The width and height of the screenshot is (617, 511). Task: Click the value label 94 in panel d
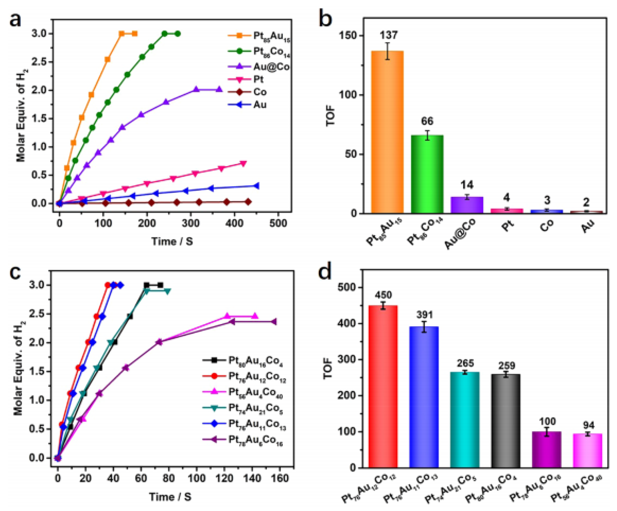coord(589,425)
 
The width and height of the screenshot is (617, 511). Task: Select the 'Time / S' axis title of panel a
coord(172,241)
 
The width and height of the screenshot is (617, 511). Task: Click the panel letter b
coord(325,18)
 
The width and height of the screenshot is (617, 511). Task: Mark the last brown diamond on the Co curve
coord(248,202)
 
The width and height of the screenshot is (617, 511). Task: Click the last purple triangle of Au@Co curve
coord(219,90)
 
